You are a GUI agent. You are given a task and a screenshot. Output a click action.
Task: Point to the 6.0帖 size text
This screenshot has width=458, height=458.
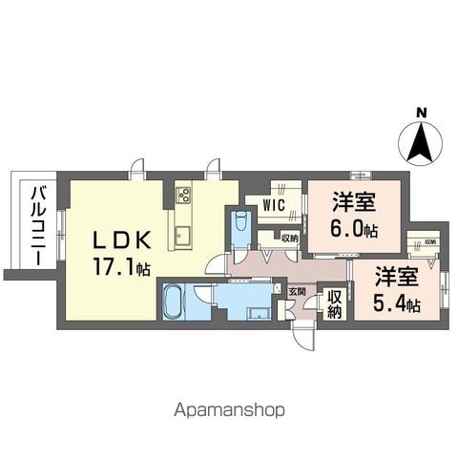353,230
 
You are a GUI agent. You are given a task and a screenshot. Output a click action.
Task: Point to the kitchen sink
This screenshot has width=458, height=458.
184,236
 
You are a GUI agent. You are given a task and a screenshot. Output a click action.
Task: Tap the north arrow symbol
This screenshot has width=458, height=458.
421,145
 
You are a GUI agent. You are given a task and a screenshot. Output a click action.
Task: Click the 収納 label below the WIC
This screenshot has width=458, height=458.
289,238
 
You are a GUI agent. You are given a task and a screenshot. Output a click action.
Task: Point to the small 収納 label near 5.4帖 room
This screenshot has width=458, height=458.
430,242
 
